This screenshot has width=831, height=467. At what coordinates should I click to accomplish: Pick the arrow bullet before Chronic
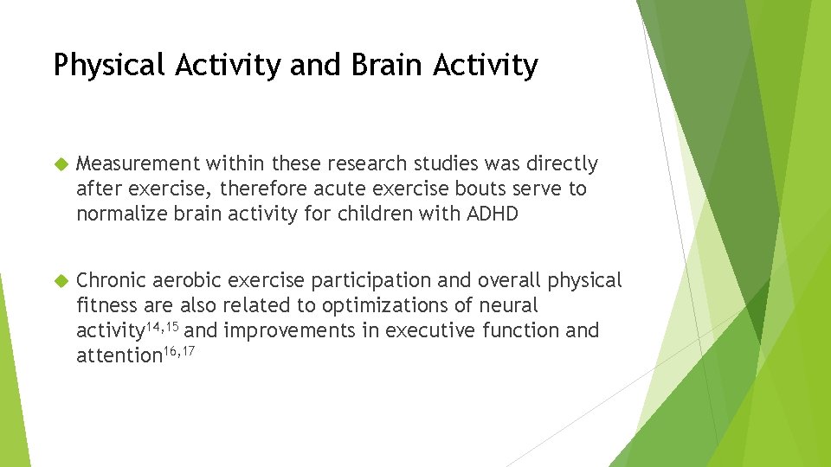pos(61,281)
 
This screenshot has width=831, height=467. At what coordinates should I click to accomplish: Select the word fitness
pos(107,305)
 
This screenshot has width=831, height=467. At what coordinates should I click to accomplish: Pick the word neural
pos(510,305)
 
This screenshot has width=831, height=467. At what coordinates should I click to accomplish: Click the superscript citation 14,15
pos(164,325)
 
